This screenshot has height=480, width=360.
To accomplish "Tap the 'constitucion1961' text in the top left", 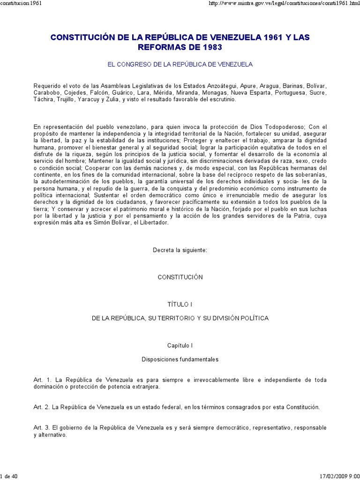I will coord(22,4).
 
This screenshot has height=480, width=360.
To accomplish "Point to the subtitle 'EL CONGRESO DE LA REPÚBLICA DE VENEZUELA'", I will coord(180,64).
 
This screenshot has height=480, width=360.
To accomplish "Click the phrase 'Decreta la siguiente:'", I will coord(180,250).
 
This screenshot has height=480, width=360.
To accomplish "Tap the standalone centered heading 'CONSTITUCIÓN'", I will coord(180,277).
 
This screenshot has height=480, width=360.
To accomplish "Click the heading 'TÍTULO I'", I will coord(180,304).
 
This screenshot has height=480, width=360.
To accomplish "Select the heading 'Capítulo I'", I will coord(180,345).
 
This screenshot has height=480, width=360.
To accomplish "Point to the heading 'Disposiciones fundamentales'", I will coord(180,360).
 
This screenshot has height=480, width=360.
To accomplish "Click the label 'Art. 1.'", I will coord(43,380).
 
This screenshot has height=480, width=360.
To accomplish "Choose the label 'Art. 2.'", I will coord(43,407).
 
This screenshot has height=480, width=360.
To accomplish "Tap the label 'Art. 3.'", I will coord(43,428).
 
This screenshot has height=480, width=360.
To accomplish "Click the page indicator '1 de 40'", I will coord(9,477).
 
